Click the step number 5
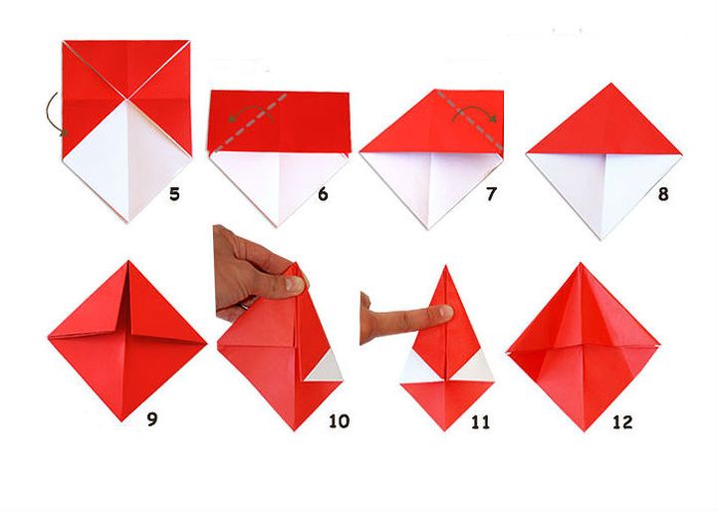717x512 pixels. [174, 193]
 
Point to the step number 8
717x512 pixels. [662, 193]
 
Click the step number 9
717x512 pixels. [151, 418]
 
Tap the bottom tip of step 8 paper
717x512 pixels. [603, 237]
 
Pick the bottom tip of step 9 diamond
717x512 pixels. [127, 419]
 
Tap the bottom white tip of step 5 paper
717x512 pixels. [127, 221]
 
